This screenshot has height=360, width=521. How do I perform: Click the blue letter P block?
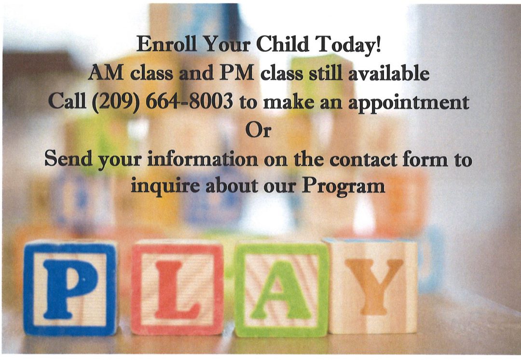coord(70,288)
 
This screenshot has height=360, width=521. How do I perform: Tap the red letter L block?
coord(177,288)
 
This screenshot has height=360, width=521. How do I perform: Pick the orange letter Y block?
coord(372,286)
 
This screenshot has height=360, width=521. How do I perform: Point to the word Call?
coord(69,102)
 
